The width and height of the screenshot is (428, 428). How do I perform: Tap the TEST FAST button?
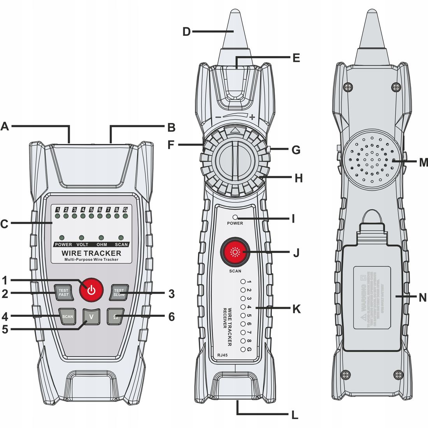point(63,292)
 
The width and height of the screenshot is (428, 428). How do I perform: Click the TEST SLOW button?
point(119,292)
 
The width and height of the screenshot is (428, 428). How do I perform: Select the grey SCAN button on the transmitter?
point(68,316)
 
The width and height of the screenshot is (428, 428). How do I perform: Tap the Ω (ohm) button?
point(115,316)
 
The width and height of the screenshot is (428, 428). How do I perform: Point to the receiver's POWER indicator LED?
point(235,217)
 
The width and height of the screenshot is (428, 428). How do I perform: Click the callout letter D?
point(187,31)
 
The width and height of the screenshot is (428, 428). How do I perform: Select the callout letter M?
point(423,162)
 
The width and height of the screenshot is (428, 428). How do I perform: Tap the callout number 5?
point(5,329)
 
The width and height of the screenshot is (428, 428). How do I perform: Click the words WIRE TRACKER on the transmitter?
point(91,253)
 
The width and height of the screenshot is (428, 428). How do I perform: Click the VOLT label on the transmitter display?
point(82,244)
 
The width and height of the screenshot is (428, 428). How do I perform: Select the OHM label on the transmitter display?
point(102,244)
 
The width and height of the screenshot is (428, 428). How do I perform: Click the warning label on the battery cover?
point(372,298)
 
